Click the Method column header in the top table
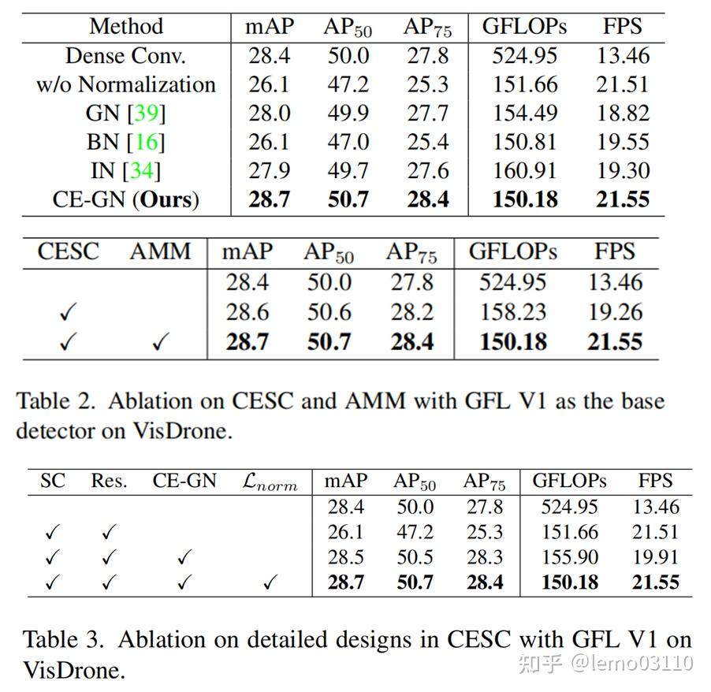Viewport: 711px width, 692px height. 126,26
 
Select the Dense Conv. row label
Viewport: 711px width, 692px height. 126,56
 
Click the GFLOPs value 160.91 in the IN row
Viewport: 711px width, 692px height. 524,170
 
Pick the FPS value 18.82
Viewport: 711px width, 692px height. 623,113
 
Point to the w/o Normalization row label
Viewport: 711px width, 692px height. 126,84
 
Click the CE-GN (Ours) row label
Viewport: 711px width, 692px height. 126,199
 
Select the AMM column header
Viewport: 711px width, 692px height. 160,252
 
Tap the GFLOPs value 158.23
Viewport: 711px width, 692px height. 513,312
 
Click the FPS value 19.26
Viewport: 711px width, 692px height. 614,312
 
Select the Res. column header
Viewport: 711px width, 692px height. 109,481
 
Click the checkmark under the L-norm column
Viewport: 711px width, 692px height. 270,583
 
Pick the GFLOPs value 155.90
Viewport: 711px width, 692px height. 569,557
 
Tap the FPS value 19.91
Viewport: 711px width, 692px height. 655,557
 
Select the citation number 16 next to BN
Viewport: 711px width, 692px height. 146,142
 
